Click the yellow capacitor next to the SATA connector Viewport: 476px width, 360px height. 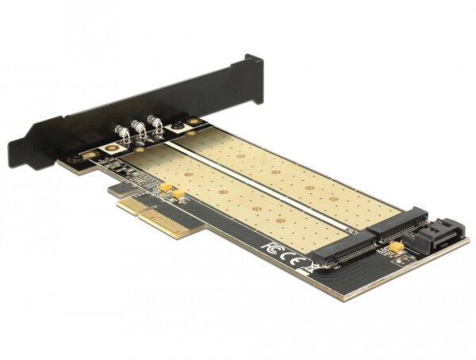(394, 247)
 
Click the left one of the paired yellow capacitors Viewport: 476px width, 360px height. (166, 187)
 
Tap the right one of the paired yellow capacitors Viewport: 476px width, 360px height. (179, 193)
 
